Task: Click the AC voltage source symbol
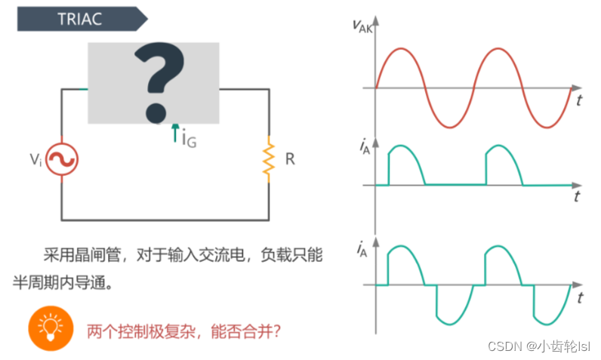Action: pos(62,159)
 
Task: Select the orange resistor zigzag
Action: pos(267,159)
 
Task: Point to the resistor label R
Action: pos(290,159)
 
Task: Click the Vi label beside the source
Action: pos(35,159)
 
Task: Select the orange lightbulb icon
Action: pos(50,327)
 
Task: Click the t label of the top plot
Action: pos(578,100)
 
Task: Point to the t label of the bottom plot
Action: pos(578,297)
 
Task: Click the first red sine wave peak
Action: pos(400,49)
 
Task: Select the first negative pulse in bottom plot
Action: pos(452,309)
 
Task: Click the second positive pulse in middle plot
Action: pos(502,158)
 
